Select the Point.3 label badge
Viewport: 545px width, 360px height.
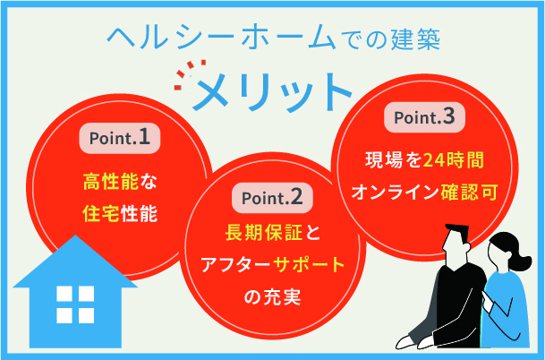pyautogui.click(x=424, y=117)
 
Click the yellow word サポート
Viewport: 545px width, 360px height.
pyautogui.click(x=308, y=265)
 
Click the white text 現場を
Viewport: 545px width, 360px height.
pyautogui.click(x=389, y=162)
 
